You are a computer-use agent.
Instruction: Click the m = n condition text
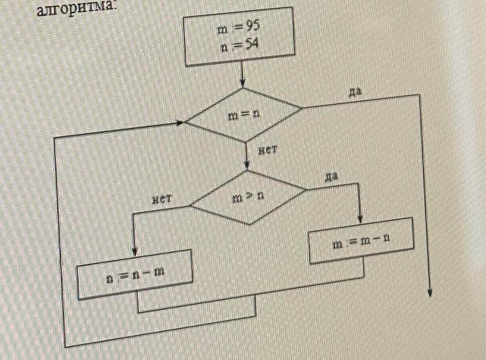244,116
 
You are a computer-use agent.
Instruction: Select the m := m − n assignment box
361,241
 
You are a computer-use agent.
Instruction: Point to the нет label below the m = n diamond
267,151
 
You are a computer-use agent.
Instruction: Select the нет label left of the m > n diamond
162,199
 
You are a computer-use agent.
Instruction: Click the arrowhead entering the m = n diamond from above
242,83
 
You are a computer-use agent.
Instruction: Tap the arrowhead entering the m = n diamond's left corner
180,122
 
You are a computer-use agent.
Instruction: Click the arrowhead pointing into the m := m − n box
360,218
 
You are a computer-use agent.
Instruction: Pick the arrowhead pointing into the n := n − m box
135,251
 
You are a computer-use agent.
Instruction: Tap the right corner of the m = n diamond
301,108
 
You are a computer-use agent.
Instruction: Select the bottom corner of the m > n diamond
249,225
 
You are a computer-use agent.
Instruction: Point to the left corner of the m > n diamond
190,206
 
